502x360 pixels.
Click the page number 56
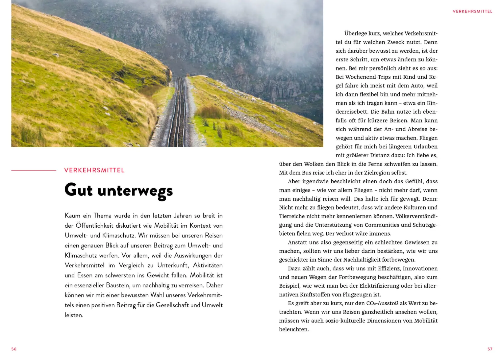(14, 349)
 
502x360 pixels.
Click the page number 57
(490, 349)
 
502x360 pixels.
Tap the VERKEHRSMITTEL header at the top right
(472, 11)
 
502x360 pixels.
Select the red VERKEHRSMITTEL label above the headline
(94, 170)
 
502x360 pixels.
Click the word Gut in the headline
(79, 190)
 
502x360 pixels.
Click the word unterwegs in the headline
(135, 191)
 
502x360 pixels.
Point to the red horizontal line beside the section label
(34, 170)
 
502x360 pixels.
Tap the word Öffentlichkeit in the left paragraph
(94, 226)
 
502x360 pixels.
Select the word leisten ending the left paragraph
(73, 315)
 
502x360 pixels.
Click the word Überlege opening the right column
(355, 34)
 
